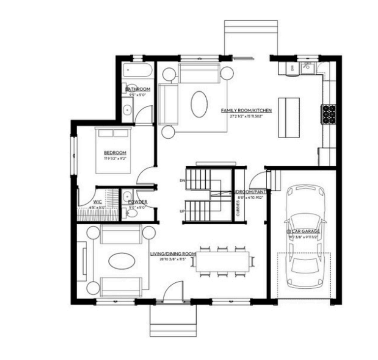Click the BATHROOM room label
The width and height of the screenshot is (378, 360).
[x=138, y=89]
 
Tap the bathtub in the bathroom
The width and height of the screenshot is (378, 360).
[x=137, y=72]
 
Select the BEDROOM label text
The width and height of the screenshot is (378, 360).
[x=115, y=152]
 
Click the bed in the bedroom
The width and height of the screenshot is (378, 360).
[x=114, y=150]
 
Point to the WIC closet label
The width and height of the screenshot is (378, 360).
[x=97, y=202]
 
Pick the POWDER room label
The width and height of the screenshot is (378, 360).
[x=137, y=202]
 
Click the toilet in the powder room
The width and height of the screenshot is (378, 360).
[x=132, y=212]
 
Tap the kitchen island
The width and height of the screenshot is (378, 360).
[x=288, y=118]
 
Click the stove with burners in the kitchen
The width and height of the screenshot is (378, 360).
[x=328, y=114]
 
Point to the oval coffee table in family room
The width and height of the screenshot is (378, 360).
[x=199, y=104]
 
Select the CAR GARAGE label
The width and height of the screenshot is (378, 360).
[x=303, y=231]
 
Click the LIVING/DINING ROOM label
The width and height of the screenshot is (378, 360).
[x=173, y=254]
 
